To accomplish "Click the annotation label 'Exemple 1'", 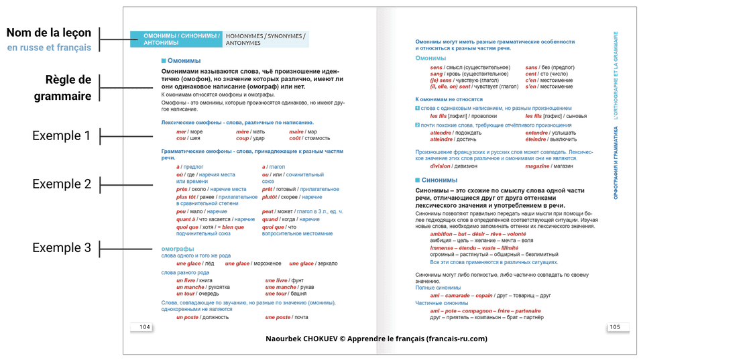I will point(62,136).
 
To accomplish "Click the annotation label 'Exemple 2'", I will point(62,184).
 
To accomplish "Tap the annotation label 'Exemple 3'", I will point(62,248).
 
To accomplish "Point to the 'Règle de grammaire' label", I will point(63,88).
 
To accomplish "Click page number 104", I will point(145,327).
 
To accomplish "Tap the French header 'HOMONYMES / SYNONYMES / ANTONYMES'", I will point(266,39).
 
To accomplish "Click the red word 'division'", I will point(441,166).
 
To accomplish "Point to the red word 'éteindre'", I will point(537,139).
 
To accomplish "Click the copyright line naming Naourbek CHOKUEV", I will point(376,339).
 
